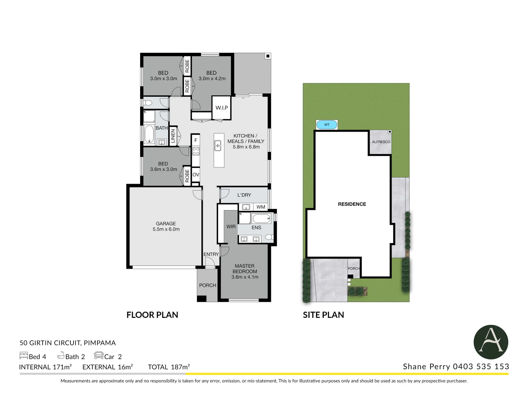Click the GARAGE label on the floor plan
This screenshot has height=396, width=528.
click(x=166, y=224)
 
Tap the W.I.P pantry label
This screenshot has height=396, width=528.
click(x=221, y=108)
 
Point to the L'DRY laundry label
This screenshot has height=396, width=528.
click(x=244, y=195)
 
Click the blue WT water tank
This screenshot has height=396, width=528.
click(x=327, y=125)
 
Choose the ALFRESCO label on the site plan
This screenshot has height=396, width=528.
click(x=381, y=142)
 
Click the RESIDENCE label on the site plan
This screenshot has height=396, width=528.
click(x=352, y=204)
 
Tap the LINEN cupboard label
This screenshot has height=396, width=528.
click(x=173, y=136)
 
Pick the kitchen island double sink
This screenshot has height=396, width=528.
click(x=218, y=146)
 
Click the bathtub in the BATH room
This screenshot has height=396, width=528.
click(x=149, y=135)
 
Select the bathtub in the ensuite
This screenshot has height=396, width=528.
click(x=262, y=219)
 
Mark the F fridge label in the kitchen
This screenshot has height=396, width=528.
click(x=196, y=140)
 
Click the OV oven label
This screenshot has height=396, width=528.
click(x=196, y=175)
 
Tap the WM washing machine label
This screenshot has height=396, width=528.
click(x=261, y=207)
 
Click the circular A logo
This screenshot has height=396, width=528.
click(x=491, y=342)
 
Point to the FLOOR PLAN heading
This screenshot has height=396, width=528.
click(x=152, y=315)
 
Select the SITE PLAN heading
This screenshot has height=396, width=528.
click(x=323, y=315)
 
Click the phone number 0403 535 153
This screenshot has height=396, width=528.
click(x=481, y=367)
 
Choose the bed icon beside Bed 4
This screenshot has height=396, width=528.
click(x=23, y=356)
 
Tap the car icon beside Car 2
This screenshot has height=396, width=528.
click(x=99, y=356)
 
